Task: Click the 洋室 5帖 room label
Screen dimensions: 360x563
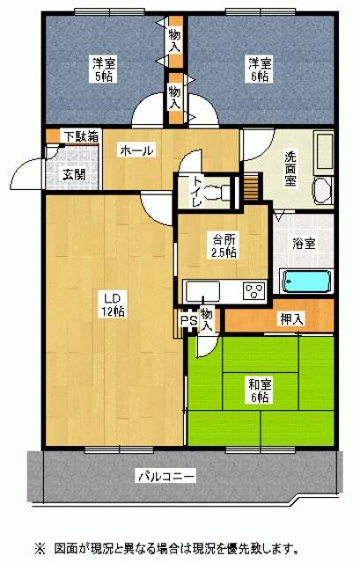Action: point(104,69)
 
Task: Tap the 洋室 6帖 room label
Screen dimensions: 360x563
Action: point(261,69)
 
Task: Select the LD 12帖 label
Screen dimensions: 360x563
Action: point(113,305)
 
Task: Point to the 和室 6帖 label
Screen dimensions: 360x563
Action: point(261,391)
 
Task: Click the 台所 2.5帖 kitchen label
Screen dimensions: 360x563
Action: point(224,246)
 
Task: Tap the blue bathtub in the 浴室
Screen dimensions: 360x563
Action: point(307,281)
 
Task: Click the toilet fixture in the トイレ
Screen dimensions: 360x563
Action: point(218,192)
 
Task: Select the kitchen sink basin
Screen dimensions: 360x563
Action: point(202,291)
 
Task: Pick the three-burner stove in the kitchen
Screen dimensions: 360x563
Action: point(254,290)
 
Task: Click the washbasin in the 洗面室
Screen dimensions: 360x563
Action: point(321,190)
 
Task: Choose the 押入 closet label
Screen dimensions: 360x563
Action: point(292,318)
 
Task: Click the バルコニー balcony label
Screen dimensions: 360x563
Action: point(167,477)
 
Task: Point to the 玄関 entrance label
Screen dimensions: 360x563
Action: point(74,175)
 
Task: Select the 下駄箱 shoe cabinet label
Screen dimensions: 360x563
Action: point(81,136)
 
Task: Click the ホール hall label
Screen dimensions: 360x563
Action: point(137,150)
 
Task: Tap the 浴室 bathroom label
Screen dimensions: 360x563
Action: point(304,244)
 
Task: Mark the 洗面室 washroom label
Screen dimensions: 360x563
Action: point(290,169)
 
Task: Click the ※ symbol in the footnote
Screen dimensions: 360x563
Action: point(40,549)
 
